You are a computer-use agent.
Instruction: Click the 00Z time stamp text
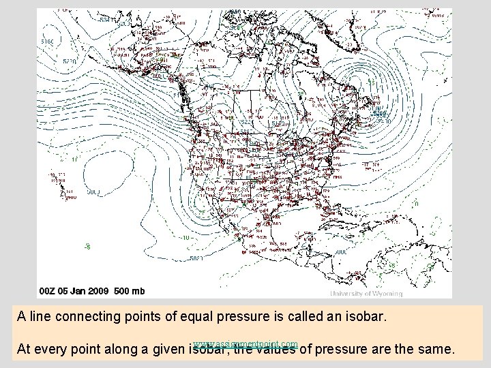[49, 291]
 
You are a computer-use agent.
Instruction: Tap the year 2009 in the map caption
[100, 291]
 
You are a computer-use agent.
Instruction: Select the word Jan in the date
[80, 291]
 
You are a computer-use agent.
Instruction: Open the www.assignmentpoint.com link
[245, 343]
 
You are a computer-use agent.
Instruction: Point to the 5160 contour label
[47, 42]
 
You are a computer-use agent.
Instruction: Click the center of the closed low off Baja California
[203, 204]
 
